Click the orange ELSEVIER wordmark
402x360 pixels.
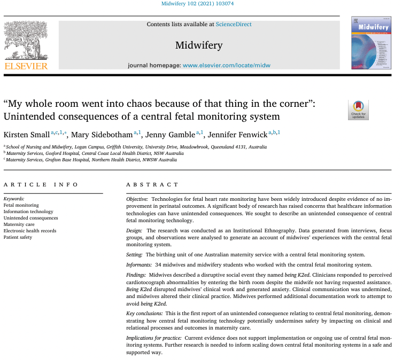[x=26, y=66]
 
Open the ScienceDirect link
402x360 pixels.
[x=234, y=24]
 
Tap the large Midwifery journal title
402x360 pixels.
[x=199, y=45]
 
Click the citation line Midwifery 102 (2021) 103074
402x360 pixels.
[x=200, y=4]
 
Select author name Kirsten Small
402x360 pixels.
[x=26, y=134]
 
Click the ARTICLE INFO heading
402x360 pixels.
[x=41, y=184]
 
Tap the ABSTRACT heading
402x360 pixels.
[x=152, y=184]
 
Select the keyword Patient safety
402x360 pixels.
[x=18, y=237]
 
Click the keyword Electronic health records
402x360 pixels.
[x=30, y=231]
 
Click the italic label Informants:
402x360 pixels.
[x=141, y=265]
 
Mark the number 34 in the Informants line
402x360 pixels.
[x=158, y=265]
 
